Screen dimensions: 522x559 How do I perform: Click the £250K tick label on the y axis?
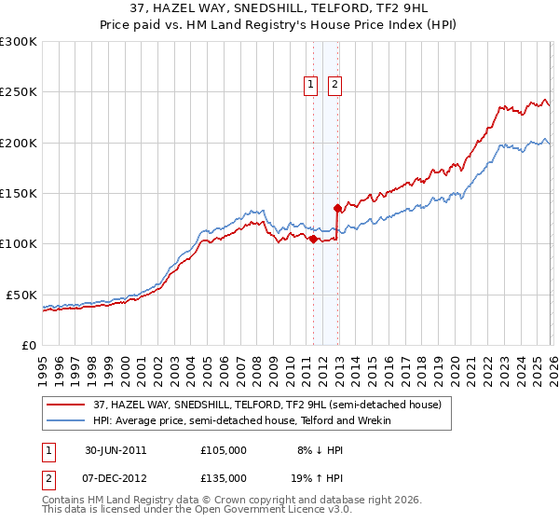pyautogui.click(x=19, y=92)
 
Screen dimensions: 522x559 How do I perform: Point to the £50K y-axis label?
pyautogui.click(x=22, y=295)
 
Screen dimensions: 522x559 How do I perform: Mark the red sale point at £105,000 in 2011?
pyautogui.click(x=313, y=240)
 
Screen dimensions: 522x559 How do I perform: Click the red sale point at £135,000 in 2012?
pyautogui.click(x=337, y=209)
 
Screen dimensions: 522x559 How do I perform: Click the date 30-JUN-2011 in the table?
pyautogui.click(x=116, y=450)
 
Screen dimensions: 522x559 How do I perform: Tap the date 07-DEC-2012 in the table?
pyautogui.click(x=116, y=476)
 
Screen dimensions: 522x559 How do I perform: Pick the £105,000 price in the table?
pyautogui.click(x=223, y=450)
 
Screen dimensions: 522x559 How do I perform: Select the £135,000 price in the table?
pyautogui.click(x=223, y=476)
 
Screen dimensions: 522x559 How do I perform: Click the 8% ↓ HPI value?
pyautogui.click(x=320, y=450)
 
